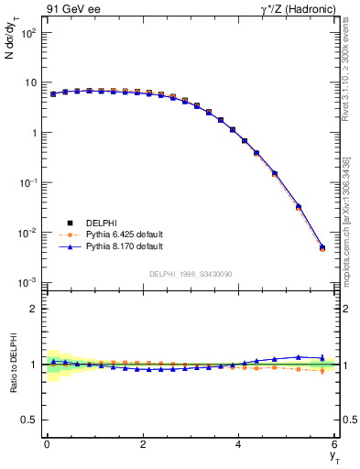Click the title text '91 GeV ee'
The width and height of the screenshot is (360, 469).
pyautogui.click(x=70, y=10)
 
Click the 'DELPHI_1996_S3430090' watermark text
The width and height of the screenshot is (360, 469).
pyautogui.click(x=190, y=274)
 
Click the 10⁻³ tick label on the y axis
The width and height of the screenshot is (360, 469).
pyautogui.click(x=27, y=283)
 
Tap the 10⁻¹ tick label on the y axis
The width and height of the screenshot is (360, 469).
pyautogui.click(x=27, y=183)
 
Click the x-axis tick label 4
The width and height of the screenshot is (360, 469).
pyautogui.click(x=239, y=443)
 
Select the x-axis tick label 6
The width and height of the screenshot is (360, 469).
pyautogui.click(x=335, y=443)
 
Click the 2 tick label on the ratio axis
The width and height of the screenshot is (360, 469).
pyautogui.click(x=35, y=309)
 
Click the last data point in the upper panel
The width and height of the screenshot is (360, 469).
pyautogui.click(x=322, y=247)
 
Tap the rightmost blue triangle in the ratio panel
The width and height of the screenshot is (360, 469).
pyautogui.click(x=322, y=358)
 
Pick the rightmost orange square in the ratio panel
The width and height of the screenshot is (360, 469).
pyautogui.click(x=322, y=371)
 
